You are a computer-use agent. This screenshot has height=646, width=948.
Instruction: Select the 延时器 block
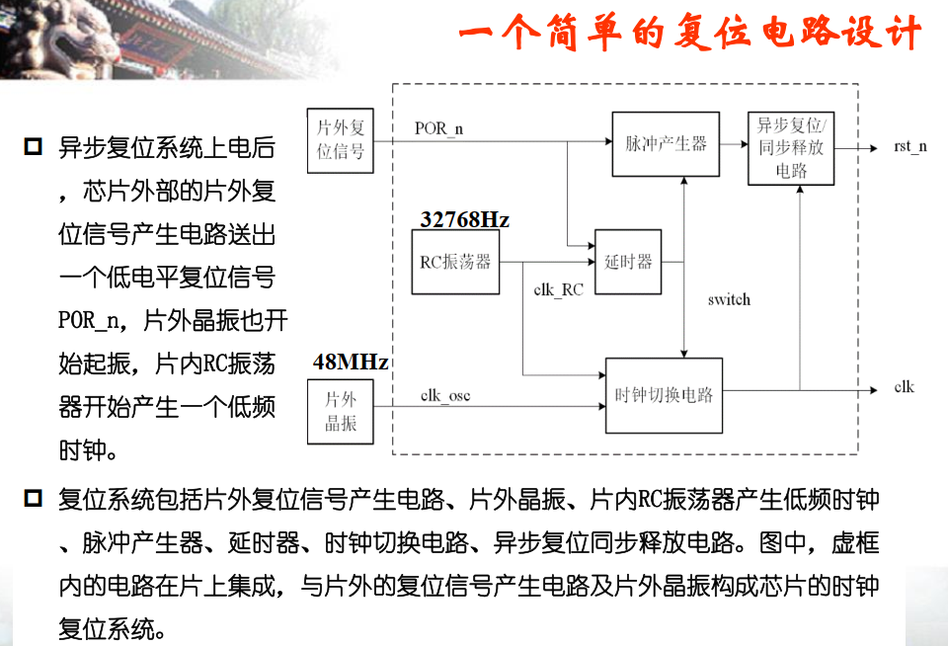click(x=628, y=262)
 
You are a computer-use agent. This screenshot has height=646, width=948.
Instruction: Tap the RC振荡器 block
click(x=455, y=262)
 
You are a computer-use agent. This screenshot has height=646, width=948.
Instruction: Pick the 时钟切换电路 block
click(x=664, y=394)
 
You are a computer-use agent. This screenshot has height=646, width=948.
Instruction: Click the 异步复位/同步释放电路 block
click(x=791, y=149)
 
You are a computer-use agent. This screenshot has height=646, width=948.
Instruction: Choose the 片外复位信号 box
click(x=341, y=140)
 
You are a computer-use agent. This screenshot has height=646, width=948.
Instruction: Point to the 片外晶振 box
click(x=341, y=411)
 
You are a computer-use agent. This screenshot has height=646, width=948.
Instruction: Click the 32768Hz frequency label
click(x=464, y=219)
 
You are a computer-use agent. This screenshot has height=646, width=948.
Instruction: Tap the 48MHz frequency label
click(x=350, y=362)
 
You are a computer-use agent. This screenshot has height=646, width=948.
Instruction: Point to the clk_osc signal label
click(x=445, y=396)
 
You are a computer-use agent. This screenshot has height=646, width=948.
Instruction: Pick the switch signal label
click(x=729, y=299)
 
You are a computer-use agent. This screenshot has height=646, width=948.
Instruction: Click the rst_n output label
click(x=909, y=146)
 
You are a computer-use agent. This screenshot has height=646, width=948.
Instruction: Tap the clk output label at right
click(x=904, y=386)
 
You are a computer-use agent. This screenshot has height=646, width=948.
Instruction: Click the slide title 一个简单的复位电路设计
click(x=689, y=36)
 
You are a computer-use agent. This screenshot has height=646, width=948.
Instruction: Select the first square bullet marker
click(x=33, y=148)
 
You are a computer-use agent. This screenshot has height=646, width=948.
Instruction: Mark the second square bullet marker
click(x=33, y=498)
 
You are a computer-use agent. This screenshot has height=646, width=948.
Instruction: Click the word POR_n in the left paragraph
click(x=92, y=322)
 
